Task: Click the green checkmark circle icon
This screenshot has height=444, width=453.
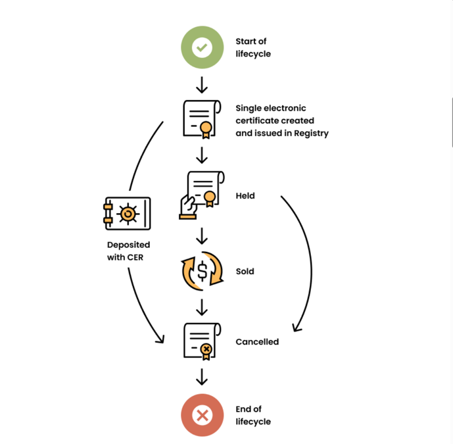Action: tap(202, 47)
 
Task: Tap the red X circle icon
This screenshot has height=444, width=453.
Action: tap(202, 415)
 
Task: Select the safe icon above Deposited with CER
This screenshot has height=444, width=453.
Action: tap(128, 214)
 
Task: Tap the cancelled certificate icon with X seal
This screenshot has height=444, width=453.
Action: tap(200, 341)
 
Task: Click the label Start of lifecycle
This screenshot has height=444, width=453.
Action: tap(252, 47)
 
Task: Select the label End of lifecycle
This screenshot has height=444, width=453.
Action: tap(252, 415)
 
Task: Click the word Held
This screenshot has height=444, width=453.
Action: tap(245, 195)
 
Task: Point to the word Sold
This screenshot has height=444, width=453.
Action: tap(245, 271)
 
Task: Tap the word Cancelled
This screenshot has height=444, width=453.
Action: tap(257, 342)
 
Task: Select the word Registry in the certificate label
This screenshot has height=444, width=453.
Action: tap(312, 133)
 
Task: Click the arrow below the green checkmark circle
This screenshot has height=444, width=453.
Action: tap(202, 84)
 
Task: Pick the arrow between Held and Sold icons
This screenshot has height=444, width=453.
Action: tap(202, 235)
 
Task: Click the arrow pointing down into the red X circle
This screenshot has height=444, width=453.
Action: tap(202, 376)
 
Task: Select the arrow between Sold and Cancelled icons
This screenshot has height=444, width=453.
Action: tap(202, 307)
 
